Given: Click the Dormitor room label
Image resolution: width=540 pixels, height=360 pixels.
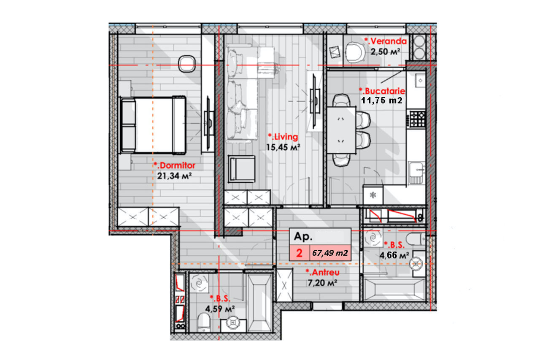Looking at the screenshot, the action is tap(175, 165).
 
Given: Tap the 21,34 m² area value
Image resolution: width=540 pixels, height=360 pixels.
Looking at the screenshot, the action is tap(174, 176).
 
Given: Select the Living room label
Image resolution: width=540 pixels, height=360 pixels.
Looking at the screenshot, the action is tap(283, 137).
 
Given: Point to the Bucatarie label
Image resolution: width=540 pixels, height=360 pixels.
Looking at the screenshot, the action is tap(382, 91).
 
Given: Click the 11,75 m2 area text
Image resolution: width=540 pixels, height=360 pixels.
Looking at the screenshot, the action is tap(382, 100).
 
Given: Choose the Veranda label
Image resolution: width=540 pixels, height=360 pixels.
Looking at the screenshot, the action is tap(386, 41).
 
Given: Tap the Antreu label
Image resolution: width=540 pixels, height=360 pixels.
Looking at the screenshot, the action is tap(323, 272).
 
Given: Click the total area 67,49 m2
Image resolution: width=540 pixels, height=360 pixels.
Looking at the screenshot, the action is tap(330, 253).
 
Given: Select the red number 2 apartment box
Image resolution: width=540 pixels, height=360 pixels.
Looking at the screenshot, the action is tap(300, 253).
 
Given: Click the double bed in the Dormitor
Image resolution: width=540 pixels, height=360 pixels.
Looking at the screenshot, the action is tap(153, 125).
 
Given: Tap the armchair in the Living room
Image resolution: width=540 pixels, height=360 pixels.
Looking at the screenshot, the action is tap(242, 169).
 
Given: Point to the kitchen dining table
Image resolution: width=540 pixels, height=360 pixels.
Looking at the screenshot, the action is tap(341, 130).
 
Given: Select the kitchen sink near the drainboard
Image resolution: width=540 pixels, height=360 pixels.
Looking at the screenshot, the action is tap(416, 173).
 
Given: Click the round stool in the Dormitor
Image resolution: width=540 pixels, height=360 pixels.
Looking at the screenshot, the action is tap(186, 64).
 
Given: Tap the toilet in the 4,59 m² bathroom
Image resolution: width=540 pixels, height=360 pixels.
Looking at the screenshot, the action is tap(204, 322).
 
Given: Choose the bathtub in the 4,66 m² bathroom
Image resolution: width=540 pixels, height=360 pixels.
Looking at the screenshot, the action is tap(394, 290).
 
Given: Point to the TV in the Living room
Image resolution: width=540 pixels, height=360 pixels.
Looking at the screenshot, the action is tap(315, 102).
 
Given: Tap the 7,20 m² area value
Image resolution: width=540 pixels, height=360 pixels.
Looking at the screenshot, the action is tap(322, 283).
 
